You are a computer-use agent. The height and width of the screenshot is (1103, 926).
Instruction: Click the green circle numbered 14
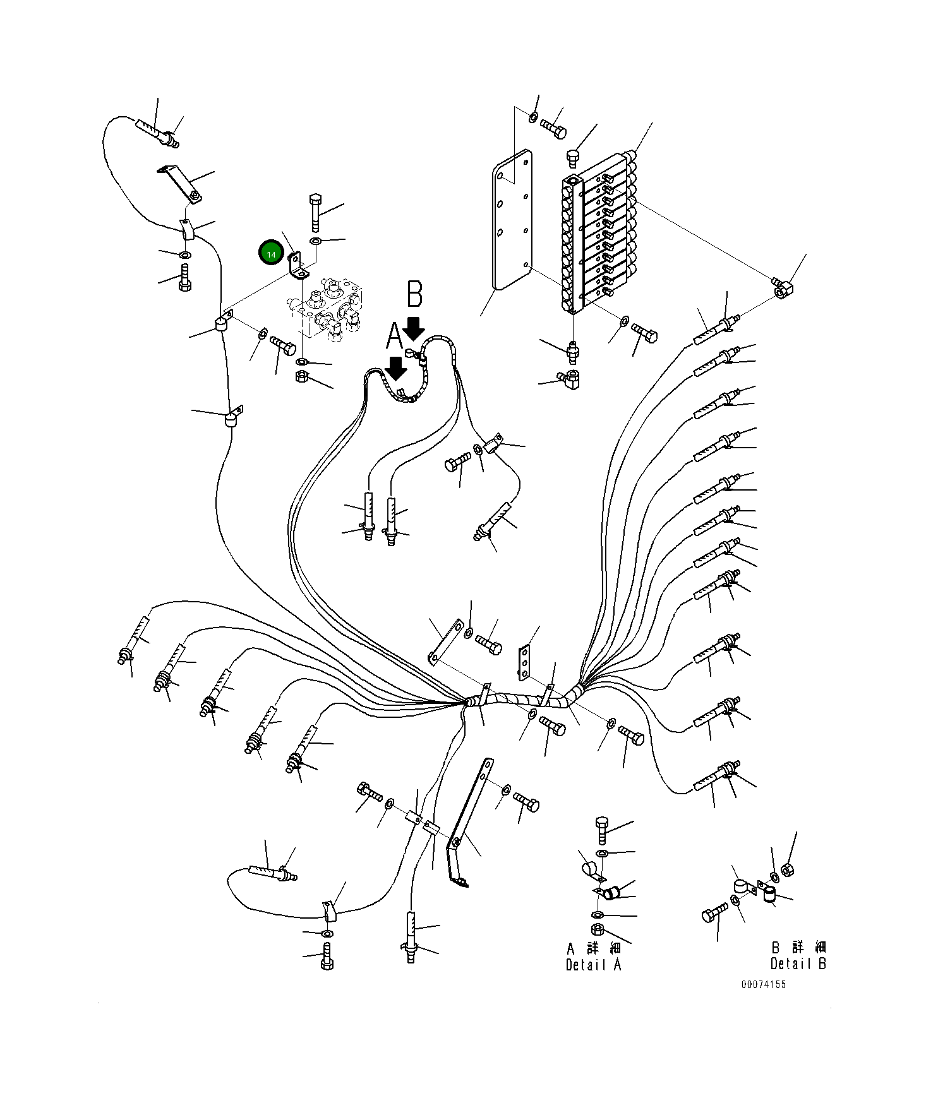click(271, 254)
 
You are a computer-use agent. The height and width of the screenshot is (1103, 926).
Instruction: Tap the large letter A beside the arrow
click(394, 336)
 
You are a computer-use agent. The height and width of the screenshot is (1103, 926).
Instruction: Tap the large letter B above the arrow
click(414, 294)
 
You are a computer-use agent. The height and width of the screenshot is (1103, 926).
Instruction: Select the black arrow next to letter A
click(396, 368)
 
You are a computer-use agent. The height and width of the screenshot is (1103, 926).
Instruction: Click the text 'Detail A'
click(593, 965)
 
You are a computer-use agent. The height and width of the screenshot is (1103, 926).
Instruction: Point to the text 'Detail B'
click(798, 963)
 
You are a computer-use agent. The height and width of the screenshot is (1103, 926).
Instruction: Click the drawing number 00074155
click(764, 984)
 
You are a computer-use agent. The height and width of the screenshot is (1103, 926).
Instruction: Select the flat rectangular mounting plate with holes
click(512, 220)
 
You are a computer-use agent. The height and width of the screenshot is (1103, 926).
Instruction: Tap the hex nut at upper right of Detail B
click(787, 870)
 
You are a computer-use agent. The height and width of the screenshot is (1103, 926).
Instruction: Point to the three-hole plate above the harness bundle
click(524, 662)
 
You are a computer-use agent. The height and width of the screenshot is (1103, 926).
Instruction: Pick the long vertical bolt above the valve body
click(315, 213)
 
